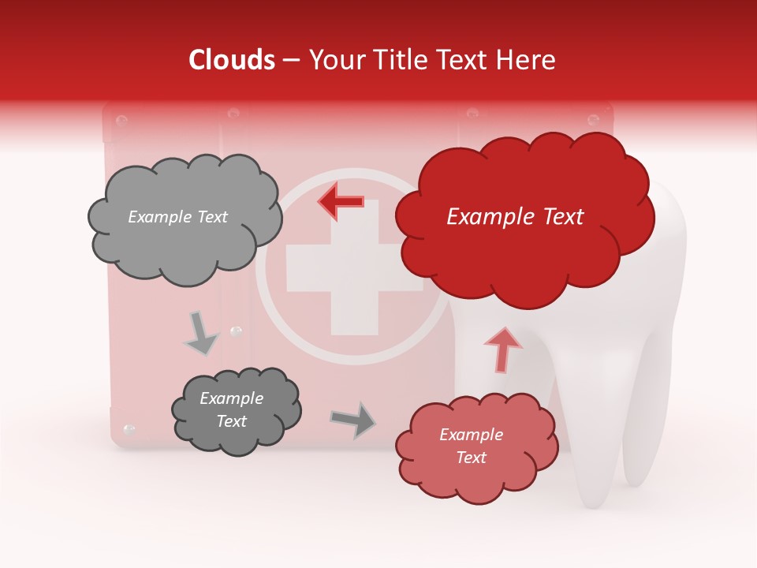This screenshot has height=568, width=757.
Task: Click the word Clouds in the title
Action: pos(232,60)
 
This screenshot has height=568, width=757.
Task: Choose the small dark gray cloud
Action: pos(237,410)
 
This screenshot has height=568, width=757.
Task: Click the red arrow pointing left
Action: pos(341,201)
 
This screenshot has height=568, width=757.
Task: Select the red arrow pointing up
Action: pos(503,349)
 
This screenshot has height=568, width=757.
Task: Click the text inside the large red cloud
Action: pos(515,217)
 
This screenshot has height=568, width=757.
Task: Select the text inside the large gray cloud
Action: pos(177,217)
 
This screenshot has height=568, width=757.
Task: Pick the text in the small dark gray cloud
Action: pos(231,410)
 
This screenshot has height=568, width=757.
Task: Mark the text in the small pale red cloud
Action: pos(471,446)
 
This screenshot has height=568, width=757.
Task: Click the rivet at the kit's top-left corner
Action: pos(121,121)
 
